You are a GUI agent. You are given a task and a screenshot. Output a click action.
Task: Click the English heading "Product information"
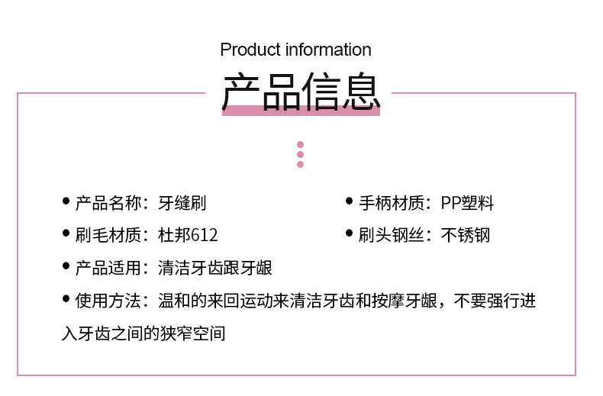coord(295,50)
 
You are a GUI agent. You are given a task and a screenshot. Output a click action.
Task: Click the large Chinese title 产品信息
coord(301,92)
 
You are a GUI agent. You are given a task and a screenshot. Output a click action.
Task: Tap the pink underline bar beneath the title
coord(301,111)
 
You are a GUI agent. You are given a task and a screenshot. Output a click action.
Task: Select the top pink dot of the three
coord(300,144)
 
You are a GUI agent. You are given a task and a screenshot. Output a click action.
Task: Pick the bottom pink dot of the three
coord(300,164)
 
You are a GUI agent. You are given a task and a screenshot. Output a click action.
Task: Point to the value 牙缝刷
coord(182,203)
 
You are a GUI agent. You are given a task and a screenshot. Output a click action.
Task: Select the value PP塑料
coord(467,203)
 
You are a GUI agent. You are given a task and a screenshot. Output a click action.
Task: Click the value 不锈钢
coord(465,235)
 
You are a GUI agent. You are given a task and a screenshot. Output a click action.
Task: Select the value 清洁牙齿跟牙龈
coord(214,268)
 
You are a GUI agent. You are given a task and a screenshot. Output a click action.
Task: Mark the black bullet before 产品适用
coord(66,266)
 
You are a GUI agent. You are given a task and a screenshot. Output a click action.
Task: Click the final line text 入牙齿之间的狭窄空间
coord(143,333)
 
